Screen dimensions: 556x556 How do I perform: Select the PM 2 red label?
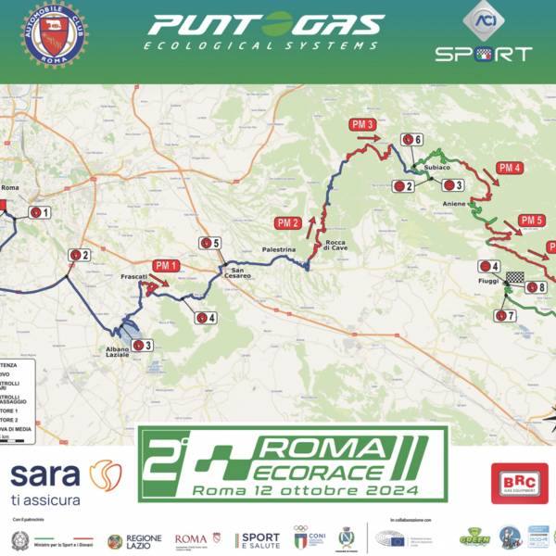click(x=288, y=222)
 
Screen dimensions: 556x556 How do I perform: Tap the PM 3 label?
click(x=362, y=124)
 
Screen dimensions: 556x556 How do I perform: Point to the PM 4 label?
click(x=510, y=168)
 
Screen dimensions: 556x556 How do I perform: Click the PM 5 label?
click(x=532, y=221)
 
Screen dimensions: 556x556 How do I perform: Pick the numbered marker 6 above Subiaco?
click(x=412, y=140)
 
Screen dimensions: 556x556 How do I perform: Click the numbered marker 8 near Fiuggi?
click(x=536, y=287)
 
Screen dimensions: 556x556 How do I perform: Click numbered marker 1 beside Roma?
click(x=40, y=212)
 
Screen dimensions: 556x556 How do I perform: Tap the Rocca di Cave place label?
click(x=335, y=246)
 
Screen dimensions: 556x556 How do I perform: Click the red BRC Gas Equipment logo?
click(x=520, y=483)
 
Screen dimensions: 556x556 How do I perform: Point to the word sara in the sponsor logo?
click(x=44, y=474)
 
